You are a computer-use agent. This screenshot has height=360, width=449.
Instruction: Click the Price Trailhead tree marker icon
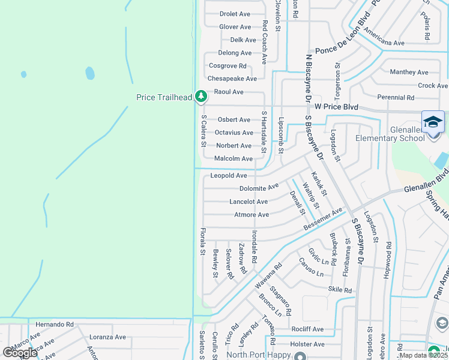click(201, 97)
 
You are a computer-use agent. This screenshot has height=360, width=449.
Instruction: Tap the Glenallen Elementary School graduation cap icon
click(433, 122)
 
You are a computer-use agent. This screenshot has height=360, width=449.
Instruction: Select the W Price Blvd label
click(336, 107)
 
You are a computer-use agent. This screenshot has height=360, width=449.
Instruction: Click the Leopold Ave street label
click(229, 176)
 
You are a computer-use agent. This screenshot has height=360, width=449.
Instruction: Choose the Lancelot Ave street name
click(249, 202)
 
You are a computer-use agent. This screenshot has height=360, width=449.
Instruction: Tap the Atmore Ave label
click(252, 215)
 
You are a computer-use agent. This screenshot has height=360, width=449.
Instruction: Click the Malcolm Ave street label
click(234, 159)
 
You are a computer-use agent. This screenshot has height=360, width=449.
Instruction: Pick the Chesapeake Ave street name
click(232, 79)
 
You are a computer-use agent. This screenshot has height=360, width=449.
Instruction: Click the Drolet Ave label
click(235, 14)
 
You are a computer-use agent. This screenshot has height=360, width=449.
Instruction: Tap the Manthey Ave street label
click(409, 72)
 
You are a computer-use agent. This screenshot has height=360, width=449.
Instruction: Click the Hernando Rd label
click(54, 324)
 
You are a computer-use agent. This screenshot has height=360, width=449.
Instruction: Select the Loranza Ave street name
click(107, 337)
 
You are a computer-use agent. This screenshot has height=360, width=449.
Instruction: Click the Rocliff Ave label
click(308, 329)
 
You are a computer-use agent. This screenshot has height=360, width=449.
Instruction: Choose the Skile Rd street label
click(340, 290)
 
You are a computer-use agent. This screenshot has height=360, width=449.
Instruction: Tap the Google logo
click(19, 352)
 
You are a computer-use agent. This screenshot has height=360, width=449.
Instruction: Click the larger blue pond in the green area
click(90, 73)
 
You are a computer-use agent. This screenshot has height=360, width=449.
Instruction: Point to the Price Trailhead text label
click(164, 97)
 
